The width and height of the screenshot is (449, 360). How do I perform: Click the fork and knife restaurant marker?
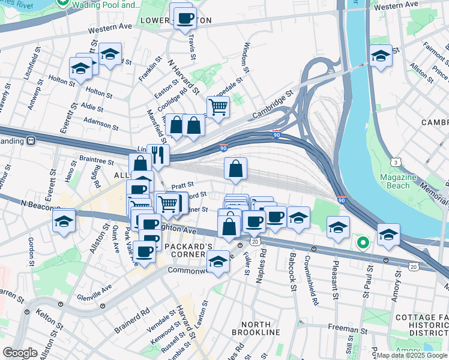[x=158, y=154]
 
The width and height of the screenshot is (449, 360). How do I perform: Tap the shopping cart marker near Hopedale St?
[x=218, y=107]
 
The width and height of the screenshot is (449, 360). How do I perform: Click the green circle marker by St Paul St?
[x=362, y=243]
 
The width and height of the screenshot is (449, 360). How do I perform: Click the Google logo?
[x=20, y=352]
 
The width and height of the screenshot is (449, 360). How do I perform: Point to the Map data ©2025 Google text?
[x=412, y=355]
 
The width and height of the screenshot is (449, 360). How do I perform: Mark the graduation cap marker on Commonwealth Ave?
[x=218, y=261]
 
